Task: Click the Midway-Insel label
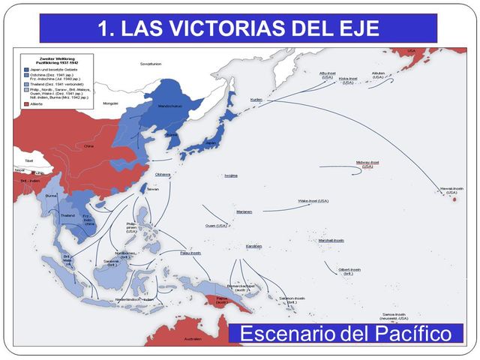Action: (x=367, y=162)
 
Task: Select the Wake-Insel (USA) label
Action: (x=313, y=201)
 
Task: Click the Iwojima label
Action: (x=231, y=175)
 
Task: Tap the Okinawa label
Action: (x=163, y=174)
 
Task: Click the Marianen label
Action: (x=244, y=211)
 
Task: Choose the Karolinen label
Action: (x=253, y=246)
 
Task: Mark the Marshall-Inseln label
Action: (x=331, y=240)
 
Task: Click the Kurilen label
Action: (x=256, y=100)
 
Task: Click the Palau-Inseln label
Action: (x=190, y=253)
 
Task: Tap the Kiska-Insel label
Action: (x=348, y=78)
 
